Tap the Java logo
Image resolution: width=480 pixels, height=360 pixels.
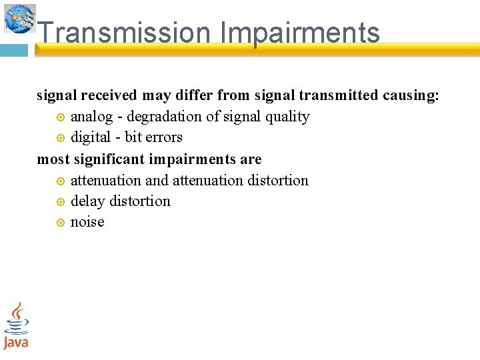pos(16,326)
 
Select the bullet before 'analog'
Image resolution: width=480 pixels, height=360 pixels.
pos(60,117)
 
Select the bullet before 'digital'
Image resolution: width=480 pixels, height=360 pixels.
pos(60,138)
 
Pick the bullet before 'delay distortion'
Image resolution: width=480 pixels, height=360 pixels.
pos(60,202)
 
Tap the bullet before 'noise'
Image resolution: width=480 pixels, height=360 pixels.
pos(60,223)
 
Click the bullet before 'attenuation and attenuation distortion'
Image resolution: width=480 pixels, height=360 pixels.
pos(60,181)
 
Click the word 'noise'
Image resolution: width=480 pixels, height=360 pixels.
pos(87,222)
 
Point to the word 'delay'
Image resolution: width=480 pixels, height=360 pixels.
pos(87,201)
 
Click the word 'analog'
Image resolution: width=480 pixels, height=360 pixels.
pos(91,117)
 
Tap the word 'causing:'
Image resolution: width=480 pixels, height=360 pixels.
pos(411,95)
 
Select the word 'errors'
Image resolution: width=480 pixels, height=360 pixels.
pos(164,137)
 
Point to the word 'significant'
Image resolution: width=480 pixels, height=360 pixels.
pos(107,159)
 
